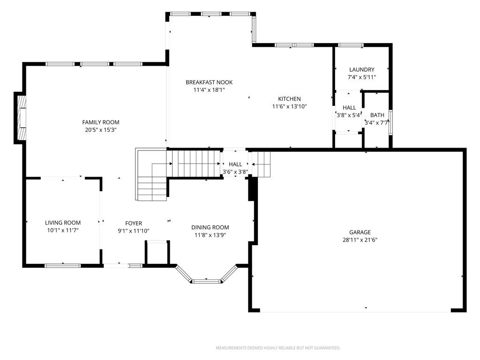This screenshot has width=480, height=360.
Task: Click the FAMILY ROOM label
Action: coord(101,122)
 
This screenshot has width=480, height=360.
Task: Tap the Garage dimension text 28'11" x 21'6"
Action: coord(360,240)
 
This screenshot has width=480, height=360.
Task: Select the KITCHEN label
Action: coord(289,99)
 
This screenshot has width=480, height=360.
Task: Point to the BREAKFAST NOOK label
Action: coord(209,82)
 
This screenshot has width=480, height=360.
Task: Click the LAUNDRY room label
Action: coord(362,69)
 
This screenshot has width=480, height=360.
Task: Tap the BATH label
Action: coord(377,115)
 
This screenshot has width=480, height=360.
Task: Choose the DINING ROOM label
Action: coord(210,227)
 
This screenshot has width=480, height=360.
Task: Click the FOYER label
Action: coord(134,224)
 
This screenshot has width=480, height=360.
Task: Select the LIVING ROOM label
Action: coord(63,223)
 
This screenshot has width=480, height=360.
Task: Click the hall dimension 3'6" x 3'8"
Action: coord(235,172)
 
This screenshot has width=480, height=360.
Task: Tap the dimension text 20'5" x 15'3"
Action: coord(101,130)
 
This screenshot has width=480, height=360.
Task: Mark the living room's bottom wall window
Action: coord(63,265)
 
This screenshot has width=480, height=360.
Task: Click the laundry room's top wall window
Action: coord(351,45)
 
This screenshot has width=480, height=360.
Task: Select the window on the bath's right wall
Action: coord(390,122)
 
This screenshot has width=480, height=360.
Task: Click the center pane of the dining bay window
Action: coord(206,281)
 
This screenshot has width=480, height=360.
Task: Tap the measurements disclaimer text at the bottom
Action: coord(278,348)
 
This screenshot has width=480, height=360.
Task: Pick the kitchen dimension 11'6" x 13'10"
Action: coord(289,106)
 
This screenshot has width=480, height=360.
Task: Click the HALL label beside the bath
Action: coord(349,108)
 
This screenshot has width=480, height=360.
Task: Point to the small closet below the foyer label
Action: coord(157,252)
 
